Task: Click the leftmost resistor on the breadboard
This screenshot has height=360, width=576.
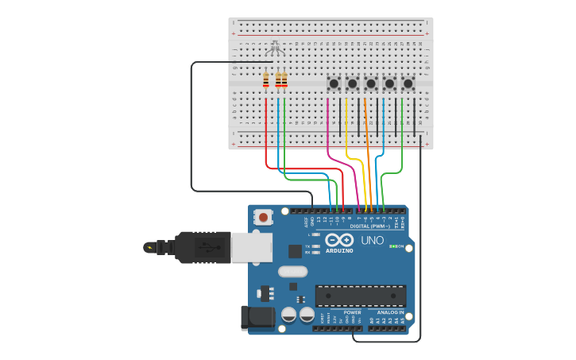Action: coord(265,80)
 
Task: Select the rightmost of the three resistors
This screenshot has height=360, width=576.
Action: coord(284,80)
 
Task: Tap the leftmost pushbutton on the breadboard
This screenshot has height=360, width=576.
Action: coord(334,83)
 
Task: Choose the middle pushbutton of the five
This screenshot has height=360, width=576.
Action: coord(371,83)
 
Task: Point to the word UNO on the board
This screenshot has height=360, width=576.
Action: coord(372,240)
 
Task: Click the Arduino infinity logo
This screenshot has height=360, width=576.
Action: coord(339,240)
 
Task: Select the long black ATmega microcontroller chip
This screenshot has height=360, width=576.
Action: coord(360,296)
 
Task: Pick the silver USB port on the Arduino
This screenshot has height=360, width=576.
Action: coord(252,247)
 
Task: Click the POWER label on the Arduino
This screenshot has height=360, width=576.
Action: coord(352,312)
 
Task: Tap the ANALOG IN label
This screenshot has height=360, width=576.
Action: coord(390,312)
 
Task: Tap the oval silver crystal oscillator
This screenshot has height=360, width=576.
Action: coord(292,271)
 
